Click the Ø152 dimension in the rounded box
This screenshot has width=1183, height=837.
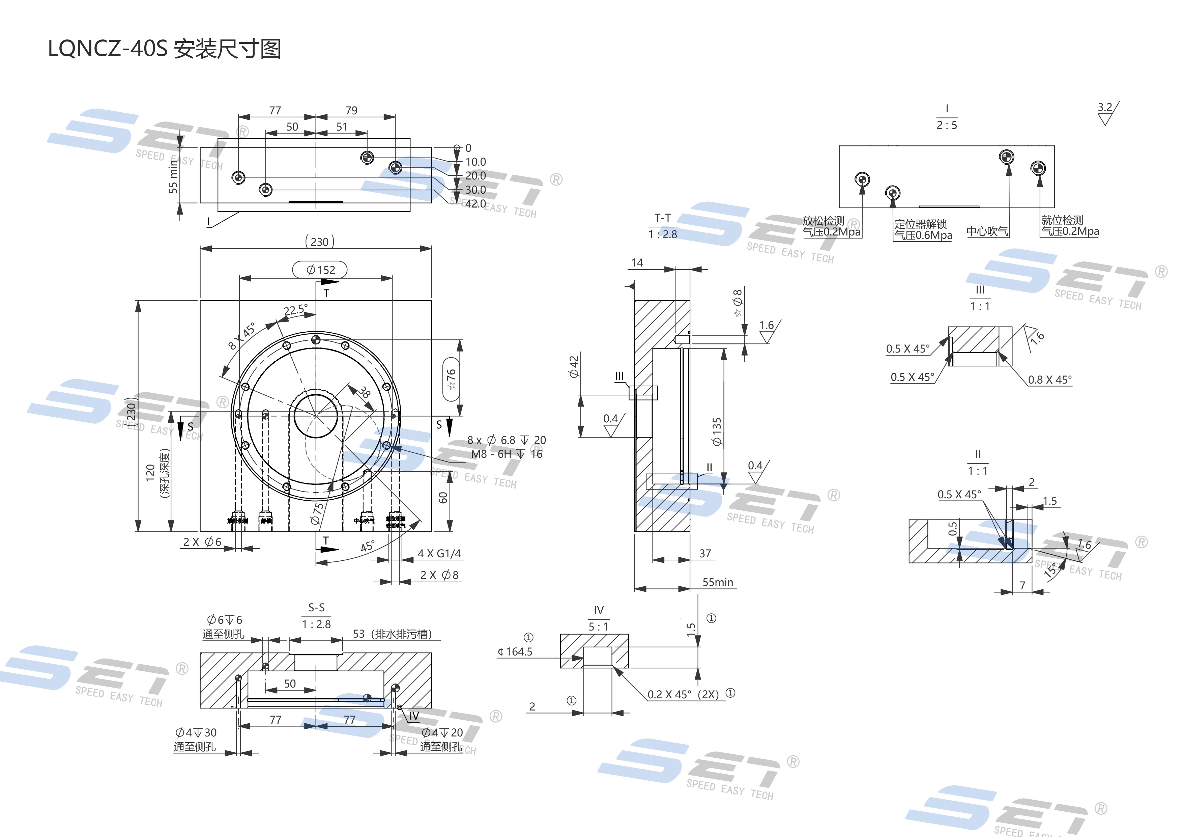click(320, 270)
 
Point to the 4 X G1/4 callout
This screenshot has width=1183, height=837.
click(439, 554)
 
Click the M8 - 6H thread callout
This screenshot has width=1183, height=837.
click(491, 454)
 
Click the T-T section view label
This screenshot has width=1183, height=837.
click(663, 218)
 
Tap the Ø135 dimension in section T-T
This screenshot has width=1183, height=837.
click(717, 431)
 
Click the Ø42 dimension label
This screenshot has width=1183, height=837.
click(574, 366)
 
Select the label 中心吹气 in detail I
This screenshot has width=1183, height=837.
click(987, 231)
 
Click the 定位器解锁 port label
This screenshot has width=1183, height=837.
click(920, 224)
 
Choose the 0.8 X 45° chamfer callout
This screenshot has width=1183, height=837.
click(1049, 380)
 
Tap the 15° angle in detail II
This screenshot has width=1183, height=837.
click(1050, 570)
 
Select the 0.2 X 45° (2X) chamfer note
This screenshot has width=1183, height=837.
click(683, 694)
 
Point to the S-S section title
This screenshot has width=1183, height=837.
click(316, 608)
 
